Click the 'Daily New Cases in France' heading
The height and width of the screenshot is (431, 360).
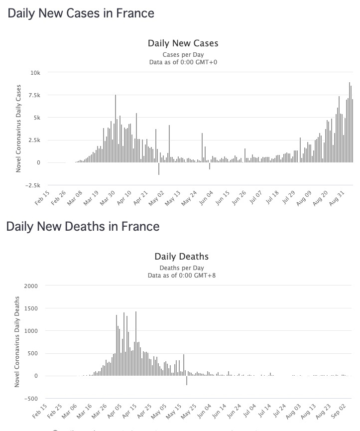(x=81, y=13)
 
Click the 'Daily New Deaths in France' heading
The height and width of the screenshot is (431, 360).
(x=83, y=227)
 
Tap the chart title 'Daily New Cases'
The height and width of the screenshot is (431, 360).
(x=183, y=43)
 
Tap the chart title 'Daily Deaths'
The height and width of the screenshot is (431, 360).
(x=182, y=257)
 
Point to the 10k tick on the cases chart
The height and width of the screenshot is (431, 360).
(x=35, y=73)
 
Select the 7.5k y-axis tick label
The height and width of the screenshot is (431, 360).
(x=33, y=95)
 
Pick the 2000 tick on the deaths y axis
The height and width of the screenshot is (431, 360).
(x=31, y=286)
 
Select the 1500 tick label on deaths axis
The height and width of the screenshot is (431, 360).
(x=31, y=308)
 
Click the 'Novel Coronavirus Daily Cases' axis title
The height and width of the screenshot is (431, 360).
(x=18, y=129)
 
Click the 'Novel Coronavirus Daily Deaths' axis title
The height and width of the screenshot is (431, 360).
(x=18, y=342)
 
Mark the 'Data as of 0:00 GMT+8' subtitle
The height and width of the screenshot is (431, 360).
(x=182, y=275)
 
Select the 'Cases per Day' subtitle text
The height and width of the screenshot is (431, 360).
(x=183, y=54)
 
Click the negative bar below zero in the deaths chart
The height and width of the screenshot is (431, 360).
(x=187, y=380)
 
